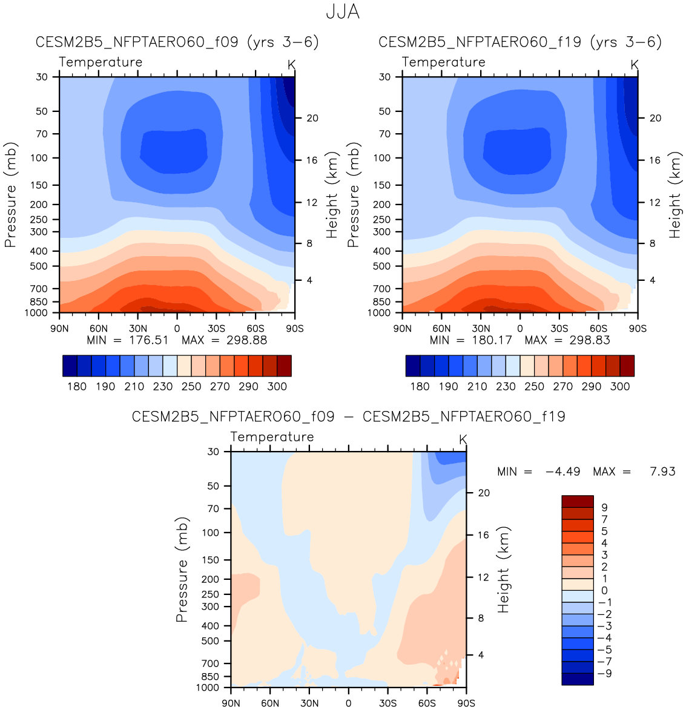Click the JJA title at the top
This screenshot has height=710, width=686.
[343, 12]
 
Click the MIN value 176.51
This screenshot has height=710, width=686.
[148, 340]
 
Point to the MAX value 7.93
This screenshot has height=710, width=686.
[662, 472]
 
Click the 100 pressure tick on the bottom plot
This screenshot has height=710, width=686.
[211, 533]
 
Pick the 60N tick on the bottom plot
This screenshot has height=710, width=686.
[270, 703]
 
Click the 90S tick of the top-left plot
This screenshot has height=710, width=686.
[294, 329]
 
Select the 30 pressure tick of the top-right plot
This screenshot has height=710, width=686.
[385, 77]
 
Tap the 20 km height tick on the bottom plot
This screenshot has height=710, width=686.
[484, 493]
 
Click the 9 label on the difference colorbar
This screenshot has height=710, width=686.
[604, 508]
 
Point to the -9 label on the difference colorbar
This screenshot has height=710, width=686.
[604, 674]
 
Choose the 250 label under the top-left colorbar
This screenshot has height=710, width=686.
[191, 386]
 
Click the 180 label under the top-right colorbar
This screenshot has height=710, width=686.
[420, 386]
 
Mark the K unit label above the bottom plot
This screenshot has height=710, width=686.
[463, 439]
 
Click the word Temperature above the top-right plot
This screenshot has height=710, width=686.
[444, 62]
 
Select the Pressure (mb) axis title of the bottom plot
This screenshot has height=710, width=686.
[182, 570]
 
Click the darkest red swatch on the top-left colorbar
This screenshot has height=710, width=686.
[284, 366]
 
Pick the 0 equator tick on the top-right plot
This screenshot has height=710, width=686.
[520, 329]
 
